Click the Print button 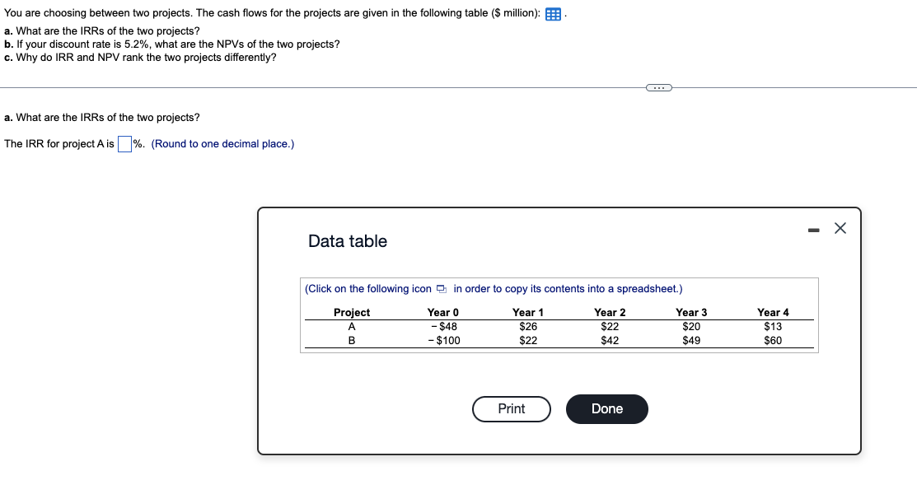[511, 409]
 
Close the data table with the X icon [840, 229]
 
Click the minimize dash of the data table [813, 230]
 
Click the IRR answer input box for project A [124, 144]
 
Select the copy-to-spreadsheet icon [442, 289]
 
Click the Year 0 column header [442, 313]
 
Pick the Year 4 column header [773, 313]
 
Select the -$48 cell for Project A [444, 327]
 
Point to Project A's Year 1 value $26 [528, 327]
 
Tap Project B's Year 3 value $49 [691, 341]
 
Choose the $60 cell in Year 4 [773, 341]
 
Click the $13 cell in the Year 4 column [773, 327]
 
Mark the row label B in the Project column [352, 341]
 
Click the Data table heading [348, 241]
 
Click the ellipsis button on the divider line [659, 87]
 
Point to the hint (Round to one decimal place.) [222, 144]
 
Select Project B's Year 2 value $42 [610, 341]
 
